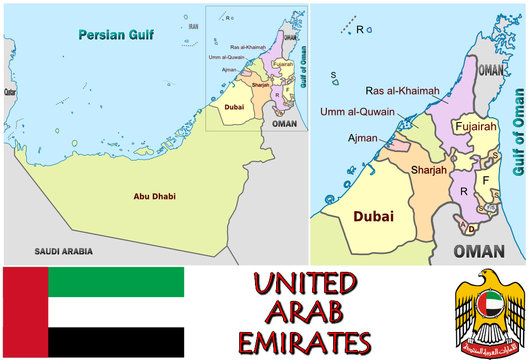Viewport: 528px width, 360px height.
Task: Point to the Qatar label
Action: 10,91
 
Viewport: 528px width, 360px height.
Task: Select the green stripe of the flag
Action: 116,283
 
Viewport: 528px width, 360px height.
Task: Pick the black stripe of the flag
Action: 116,343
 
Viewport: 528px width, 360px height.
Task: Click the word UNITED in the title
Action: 305,282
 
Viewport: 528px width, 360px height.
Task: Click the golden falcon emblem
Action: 489,312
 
